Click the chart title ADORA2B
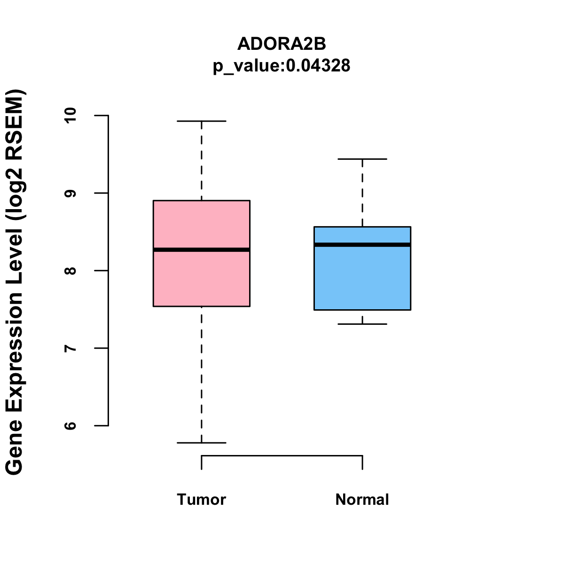(282, 44)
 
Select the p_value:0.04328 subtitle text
(282, 66)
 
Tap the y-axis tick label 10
(70, 115)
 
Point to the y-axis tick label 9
(70, 193)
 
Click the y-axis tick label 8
(70, 271)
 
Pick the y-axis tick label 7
(70, 348)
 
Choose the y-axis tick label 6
(70, 426)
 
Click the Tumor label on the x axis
(201, 499)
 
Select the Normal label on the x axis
(362, 499)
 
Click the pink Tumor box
(201, 282)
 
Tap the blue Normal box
(362, 282)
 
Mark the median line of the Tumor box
(201, 250)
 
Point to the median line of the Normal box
(362, 244)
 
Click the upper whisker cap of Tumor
(201, 121)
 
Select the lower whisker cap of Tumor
(201, 443)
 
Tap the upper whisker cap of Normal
(362, 159)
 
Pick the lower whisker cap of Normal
(362, 324)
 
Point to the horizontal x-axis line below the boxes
(282, 455)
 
